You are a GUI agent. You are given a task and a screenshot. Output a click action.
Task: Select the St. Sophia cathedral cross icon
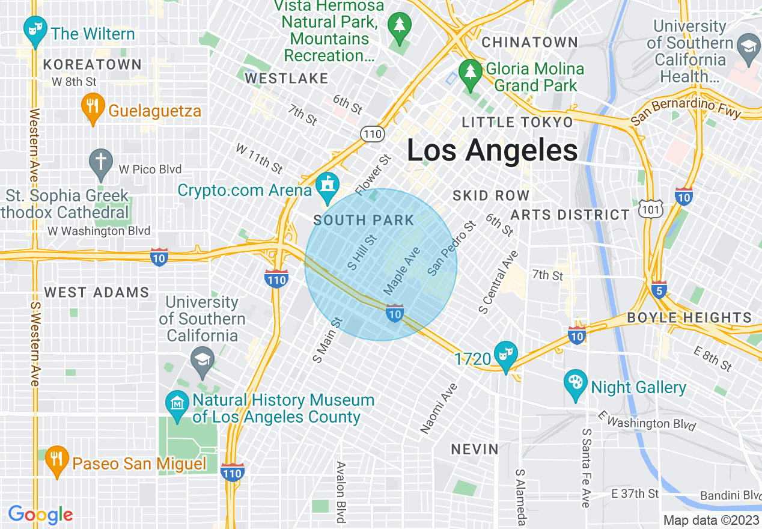(101, 164)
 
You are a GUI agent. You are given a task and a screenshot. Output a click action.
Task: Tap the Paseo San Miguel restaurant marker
(56, 460)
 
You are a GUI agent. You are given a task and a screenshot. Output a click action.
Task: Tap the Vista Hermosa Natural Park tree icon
(398, 27)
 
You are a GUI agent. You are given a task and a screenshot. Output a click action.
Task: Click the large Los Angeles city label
(492, 150)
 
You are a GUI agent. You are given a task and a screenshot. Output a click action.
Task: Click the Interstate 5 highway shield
(659, 290)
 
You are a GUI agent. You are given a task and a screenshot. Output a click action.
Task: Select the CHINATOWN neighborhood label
(529, 43)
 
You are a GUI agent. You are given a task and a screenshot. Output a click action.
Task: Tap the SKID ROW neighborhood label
(491, 195)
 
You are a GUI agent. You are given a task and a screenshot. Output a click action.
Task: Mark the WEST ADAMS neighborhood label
(97, 293)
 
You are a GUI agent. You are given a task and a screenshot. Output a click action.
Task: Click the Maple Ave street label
(401, 271)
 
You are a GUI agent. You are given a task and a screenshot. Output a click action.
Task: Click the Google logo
(40, 515)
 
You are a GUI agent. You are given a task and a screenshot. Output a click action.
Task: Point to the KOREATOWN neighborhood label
(93, 64)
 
